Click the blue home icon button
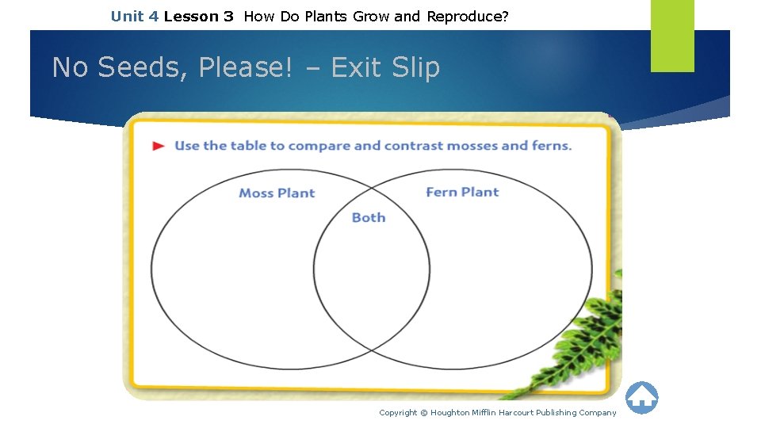click(641, 397)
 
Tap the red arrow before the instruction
click(159, 146)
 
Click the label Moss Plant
click(277, 193)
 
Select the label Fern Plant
click(462, 192)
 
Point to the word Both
click(369, 217)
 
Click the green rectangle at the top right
click(672, 35)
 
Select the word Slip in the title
click(415, 68)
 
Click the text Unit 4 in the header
click(134, 16)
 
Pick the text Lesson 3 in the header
click(198, 16)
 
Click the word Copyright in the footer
click(398, 412)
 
